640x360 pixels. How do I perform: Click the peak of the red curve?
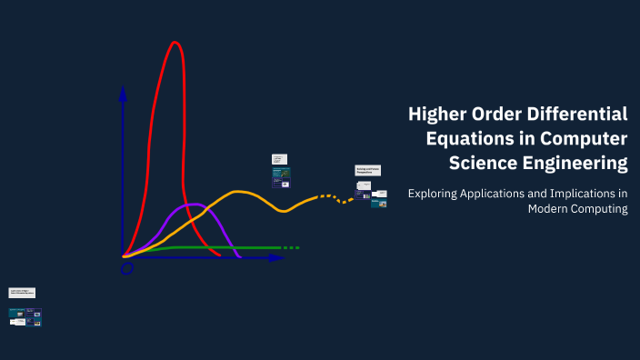click(175, 43)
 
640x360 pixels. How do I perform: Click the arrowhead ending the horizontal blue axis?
click(276, 258)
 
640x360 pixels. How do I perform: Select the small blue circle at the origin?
click(126, 267)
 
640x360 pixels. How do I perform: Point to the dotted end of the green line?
click(289, 247)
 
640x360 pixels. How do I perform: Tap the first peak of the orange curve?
click(239, 192)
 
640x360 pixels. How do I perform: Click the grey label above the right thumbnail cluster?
click(367, 170)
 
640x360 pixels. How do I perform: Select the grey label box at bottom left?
click(22, 293)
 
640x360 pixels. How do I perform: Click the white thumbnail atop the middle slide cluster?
click(279, 158)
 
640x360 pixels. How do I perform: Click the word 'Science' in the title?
click(481, 164)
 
